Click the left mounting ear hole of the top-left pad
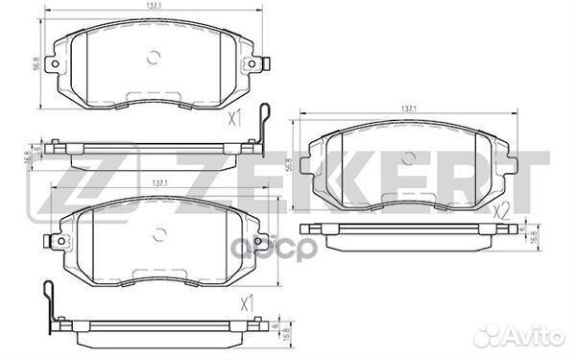(x=58, y=65)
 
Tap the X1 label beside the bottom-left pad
(x=248, y=304)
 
